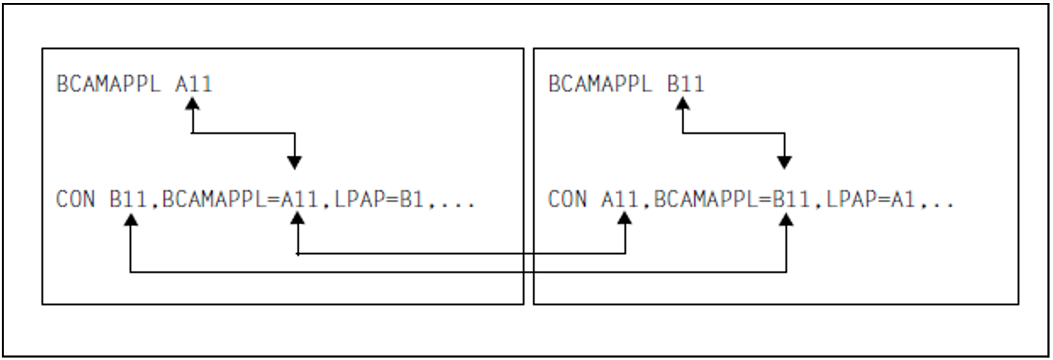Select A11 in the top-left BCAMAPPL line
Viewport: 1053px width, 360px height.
[x=193, y=84]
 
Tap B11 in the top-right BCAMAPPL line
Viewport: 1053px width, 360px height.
[x=685, y=84]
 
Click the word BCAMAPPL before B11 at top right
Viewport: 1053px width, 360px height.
[x=600, y=84]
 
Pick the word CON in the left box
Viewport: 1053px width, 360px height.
[x=75, y=199]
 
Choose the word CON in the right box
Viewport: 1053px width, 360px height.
[x=567, y=199]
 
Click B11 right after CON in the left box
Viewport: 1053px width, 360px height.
[x=128, y=199]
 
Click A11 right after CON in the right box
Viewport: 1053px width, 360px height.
[x=620, y=199]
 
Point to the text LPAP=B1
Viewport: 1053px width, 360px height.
[x=378, y=199]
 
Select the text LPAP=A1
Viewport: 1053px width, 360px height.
[x=870, y=199]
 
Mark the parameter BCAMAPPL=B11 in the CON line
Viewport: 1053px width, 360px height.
[x=732, y=199]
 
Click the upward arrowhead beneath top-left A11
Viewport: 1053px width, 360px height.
[x=193, y=104]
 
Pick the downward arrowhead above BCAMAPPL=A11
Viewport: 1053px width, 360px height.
[x=294, y=162]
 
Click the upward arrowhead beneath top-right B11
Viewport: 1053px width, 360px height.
[x=683, y=104]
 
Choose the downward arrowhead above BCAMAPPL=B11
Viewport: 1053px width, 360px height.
[x=784, y=162]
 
